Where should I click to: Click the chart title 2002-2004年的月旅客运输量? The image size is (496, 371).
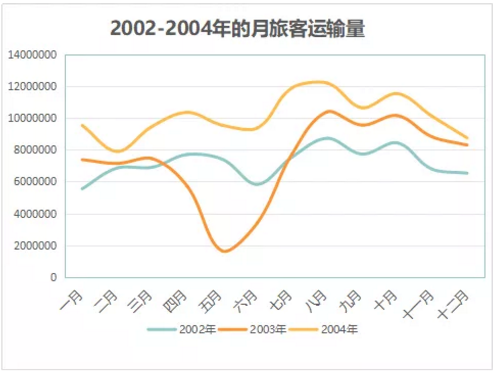(x=237, y=30)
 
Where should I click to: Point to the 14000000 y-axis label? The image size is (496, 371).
(x=32, y=55)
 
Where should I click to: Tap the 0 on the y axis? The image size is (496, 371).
(x=54, y=278)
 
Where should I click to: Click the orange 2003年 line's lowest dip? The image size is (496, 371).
(x=225, y=251)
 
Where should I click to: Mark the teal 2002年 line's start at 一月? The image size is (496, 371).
(x=83, y=189)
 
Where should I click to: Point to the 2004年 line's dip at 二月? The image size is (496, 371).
(x=117, y=151)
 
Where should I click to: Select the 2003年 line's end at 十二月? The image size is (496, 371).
(x=467, y=145)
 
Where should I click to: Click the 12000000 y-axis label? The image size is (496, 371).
(x=32, y=87)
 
